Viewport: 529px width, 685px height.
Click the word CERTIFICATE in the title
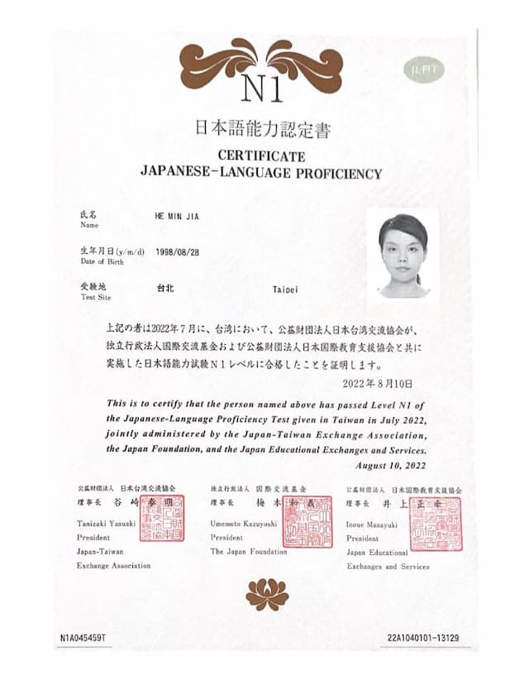(x=262, y=156)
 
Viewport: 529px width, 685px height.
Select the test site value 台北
(x=165, y=290)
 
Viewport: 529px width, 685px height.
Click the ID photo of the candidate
(x=403, y=254)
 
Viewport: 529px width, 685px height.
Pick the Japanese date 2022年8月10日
(x=375, y=384)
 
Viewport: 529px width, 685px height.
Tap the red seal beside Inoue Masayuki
(x=435, y=523)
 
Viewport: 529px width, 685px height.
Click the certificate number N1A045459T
(x=83, y=638)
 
